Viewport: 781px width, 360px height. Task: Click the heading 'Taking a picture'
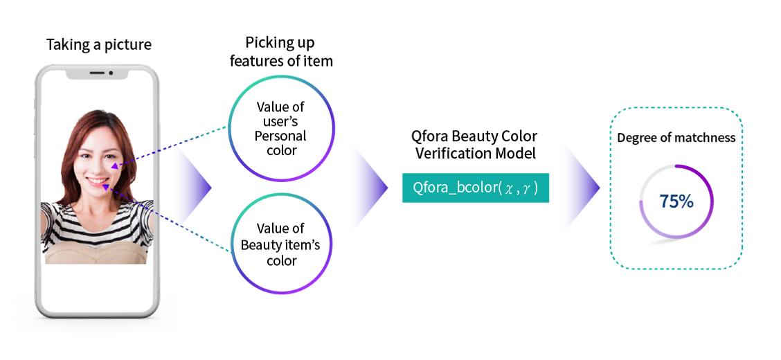pyautogui.click(x=98, y=45)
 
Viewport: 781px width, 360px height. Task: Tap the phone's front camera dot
pyautogui.click(x=111, y=73)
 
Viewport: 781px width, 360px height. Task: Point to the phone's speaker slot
pyautogui.click(x=97, y=73)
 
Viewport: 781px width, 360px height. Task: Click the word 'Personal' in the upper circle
pyautogui.click(x=280, y=136)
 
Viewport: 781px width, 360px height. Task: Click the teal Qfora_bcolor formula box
pyautogui.click(x=475, y=188)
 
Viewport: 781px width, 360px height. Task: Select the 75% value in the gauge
pyautogui.click(x=676, y=201)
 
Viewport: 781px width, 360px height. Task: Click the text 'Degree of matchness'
pyautogui.click(x=676, y=138)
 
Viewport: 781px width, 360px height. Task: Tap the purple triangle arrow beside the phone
pyautogui.click(x=197, y=188)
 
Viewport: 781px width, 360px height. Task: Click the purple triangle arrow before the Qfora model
pyautogui.click(x=371, y=188)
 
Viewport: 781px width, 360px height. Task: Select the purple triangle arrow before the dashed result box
pyautogui.click(x=583, y=188)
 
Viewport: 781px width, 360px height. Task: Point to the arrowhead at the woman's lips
pyautogui.click(x=106, y=186)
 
